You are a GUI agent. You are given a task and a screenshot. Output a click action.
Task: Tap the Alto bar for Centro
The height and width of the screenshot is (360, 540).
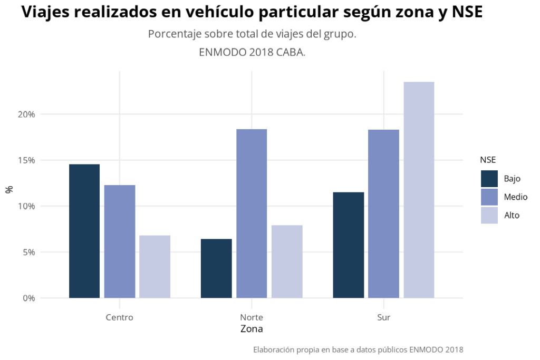pos(155,266)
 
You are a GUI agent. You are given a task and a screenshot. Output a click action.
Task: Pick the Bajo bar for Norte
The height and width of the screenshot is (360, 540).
pos(216,268)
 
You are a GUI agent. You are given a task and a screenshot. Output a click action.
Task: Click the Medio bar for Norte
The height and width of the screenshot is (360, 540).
pos(252,213)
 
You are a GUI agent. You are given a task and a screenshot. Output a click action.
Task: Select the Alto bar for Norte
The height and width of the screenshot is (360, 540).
pos(287,261)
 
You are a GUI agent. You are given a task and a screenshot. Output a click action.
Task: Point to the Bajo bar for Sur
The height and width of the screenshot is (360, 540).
pos(349,245)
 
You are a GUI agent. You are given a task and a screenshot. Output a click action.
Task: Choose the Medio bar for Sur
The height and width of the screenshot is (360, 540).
pos(384,213)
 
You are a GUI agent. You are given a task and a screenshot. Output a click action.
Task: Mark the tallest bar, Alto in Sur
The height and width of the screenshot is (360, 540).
pos(419,190)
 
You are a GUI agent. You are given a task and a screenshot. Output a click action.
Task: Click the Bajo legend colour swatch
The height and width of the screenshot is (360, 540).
pos(489,179)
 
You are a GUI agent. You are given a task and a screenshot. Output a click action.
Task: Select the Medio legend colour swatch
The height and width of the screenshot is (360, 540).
pos(489,197)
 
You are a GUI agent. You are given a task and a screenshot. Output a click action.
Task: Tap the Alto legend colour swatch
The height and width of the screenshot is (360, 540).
pos(489,215)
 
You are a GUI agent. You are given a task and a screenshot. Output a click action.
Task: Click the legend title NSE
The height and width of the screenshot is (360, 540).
pos(488,160)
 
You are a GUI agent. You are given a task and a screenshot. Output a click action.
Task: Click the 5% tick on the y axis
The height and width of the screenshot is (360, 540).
pos(28,252)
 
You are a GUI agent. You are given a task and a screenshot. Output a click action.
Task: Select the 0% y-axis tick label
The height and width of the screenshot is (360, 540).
pos(28,298)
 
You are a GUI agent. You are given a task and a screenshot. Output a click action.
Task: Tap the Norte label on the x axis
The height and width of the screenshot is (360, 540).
pos(252,317)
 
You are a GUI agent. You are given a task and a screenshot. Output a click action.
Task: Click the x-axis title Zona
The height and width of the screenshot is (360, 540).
pos(252,329)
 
